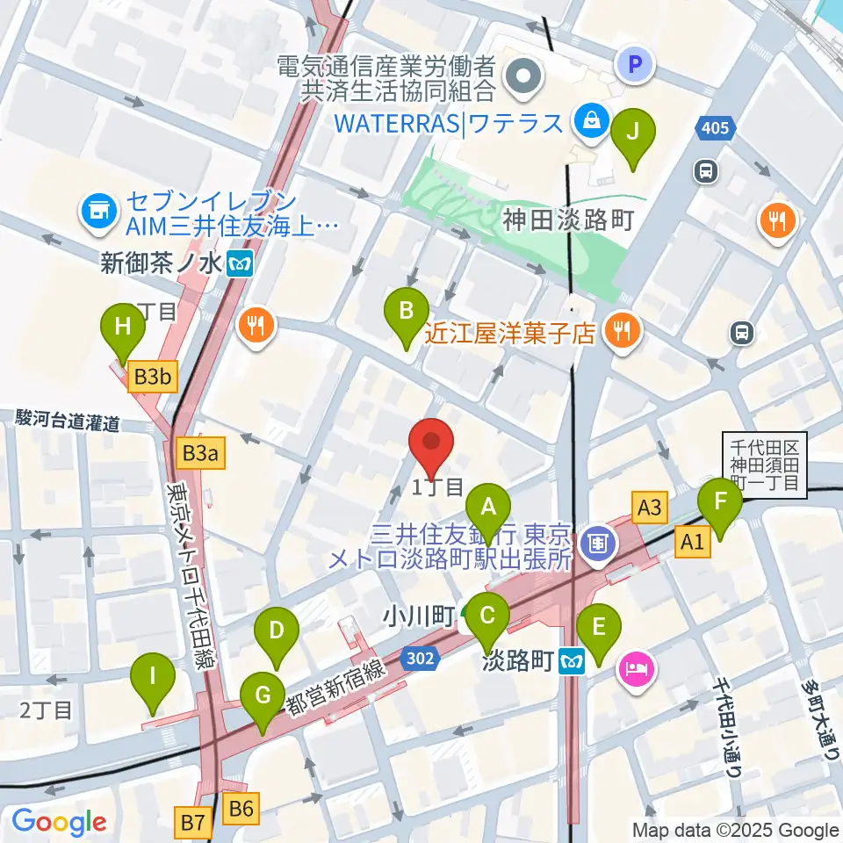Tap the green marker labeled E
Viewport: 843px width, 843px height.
[x=599, y=628]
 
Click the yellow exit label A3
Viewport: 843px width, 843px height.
[x=649, y=507]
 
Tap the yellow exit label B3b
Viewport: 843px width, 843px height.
[x=154, y=378]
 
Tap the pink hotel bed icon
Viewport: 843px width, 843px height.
[x=635, y=672]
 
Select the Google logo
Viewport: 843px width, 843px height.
[x=60, y=822]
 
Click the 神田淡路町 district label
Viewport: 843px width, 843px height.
[x=568, y=220]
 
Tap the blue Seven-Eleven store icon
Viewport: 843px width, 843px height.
[x=96, y=210]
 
